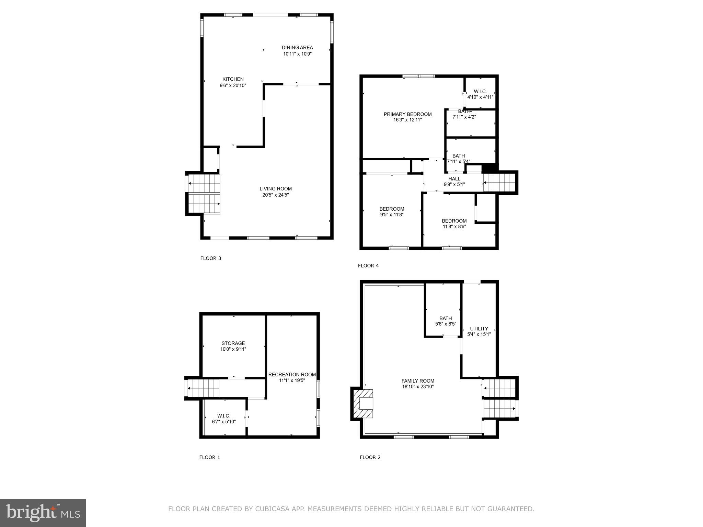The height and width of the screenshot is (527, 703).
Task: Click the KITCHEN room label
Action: click(233, 79)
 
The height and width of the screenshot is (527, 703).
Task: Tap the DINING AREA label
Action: click(297, 48)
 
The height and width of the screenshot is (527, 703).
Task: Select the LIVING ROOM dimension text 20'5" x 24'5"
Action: click(276, 195)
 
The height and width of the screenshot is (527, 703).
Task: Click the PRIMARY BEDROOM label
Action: click(407, 114)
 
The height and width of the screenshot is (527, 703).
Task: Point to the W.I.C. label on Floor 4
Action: click(480, 91)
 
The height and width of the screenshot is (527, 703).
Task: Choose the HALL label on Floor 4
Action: click(454, 179)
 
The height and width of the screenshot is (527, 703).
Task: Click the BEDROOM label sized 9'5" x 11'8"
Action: click(392, 209)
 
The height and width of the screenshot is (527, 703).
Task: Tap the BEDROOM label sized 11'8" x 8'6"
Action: click(454, 221)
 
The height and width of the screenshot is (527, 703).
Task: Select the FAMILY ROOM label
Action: click(418, 381)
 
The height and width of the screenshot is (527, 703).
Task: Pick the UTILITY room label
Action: click(479, 329)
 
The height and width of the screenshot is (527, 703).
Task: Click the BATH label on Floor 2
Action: click(446, 318)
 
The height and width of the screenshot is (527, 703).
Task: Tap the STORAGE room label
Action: click(233, 343)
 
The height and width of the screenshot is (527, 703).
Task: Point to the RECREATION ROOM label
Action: click(292, 375)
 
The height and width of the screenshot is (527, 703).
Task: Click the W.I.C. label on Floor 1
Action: click(224, 416)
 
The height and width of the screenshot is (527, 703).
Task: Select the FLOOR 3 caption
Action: click(211, 258)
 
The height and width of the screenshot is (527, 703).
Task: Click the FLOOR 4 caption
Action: click(368, 266)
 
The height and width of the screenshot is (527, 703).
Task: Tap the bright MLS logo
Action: click(43, 513)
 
